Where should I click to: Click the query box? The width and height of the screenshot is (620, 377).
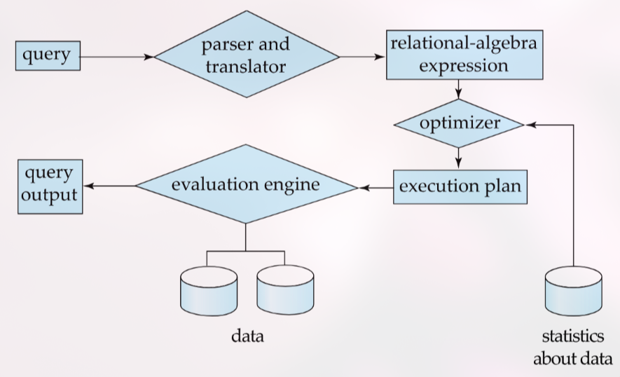tap(48, 55)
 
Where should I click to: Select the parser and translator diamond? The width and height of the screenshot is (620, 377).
tap(245, 56)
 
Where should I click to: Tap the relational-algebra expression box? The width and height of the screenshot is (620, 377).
tap(458, 55)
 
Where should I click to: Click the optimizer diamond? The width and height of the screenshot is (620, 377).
tap(459, 124)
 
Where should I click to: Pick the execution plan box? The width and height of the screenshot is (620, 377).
tap(459, 187)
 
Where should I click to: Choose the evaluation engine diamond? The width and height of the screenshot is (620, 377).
tap(245, 186)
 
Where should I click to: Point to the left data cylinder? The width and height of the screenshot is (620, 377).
tap(207, 290)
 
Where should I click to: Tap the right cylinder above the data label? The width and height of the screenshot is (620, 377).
tap(284, 290)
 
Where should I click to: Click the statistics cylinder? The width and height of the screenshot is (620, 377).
tap(573, 292)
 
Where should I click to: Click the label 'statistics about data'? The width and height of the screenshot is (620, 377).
tap(572, 348)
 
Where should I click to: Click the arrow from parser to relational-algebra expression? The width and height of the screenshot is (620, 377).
tap(361, 56)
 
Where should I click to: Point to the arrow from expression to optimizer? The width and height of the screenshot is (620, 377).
tap(459, 90)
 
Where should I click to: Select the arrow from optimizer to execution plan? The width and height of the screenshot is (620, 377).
tap(459, 157)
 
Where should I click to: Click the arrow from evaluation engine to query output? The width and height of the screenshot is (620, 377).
tap(109, 186)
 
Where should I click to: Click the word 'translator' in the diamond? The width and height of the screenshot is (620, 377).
tap(245, 67)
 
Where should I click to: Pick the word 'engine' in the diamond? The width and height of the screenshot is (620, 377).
tap(291, 186)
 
